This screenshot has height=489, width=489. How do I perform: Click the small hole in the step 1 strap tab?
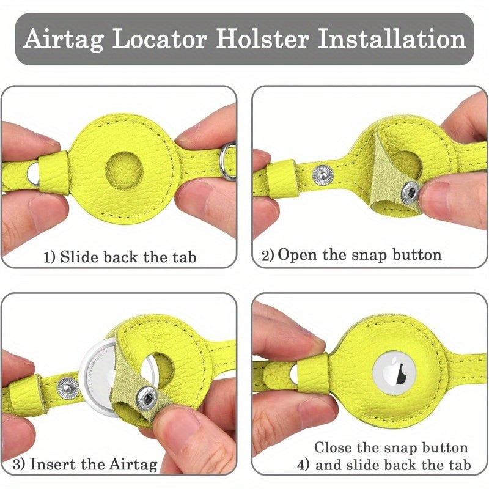(32, 176)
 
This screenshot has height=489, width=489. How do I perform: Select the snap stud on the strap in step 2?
(323, 175)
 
